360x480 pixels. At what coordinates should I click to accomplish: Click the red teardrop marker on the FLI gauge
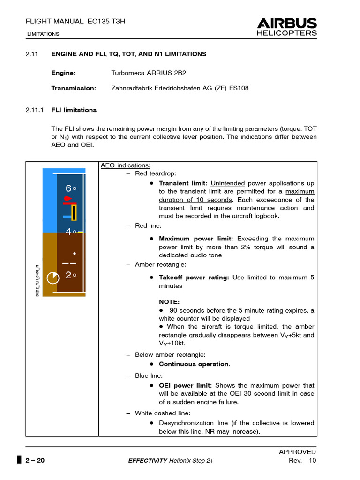(68, 199)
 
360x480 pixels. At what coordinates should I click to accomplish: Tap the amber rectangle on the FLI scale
(74, 212)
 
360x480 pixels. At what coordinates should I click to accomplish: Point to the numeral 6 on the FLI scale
(68, 188)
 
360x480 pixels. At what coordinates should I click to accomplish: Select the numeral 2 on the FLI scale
(68, 275)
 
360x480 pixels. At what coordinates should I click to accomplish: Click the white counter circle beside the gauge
(53, 278)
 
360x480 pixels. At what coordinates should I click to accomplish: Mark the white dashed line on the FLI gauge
(69, 263)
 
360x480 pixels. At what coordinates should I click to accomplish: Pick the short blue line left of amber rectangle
(67, 217)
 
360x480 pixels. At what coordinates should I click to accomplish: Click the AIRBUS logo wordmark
(287, 23)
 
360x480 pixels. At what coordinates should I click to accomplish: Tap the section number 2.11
(31, 54)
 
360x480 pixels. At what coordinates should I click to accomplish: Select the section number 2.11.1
(34, 110)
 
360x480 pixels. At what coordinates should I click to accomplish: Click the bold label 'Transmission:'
(74, 88)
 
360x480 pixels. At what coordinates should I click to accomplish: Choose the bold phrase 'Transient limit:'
(183, 183)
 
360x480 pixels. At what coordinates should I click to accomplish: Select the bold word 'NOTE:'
(169, 302)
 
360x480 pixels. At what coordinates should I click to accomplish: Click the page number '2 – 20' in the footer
(34, 460)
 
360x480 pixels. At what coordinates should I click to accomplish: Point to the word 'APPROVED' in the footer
(297, 452)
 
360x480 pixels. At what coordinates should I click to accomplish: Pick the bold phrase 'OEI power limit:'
(185, 385)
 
